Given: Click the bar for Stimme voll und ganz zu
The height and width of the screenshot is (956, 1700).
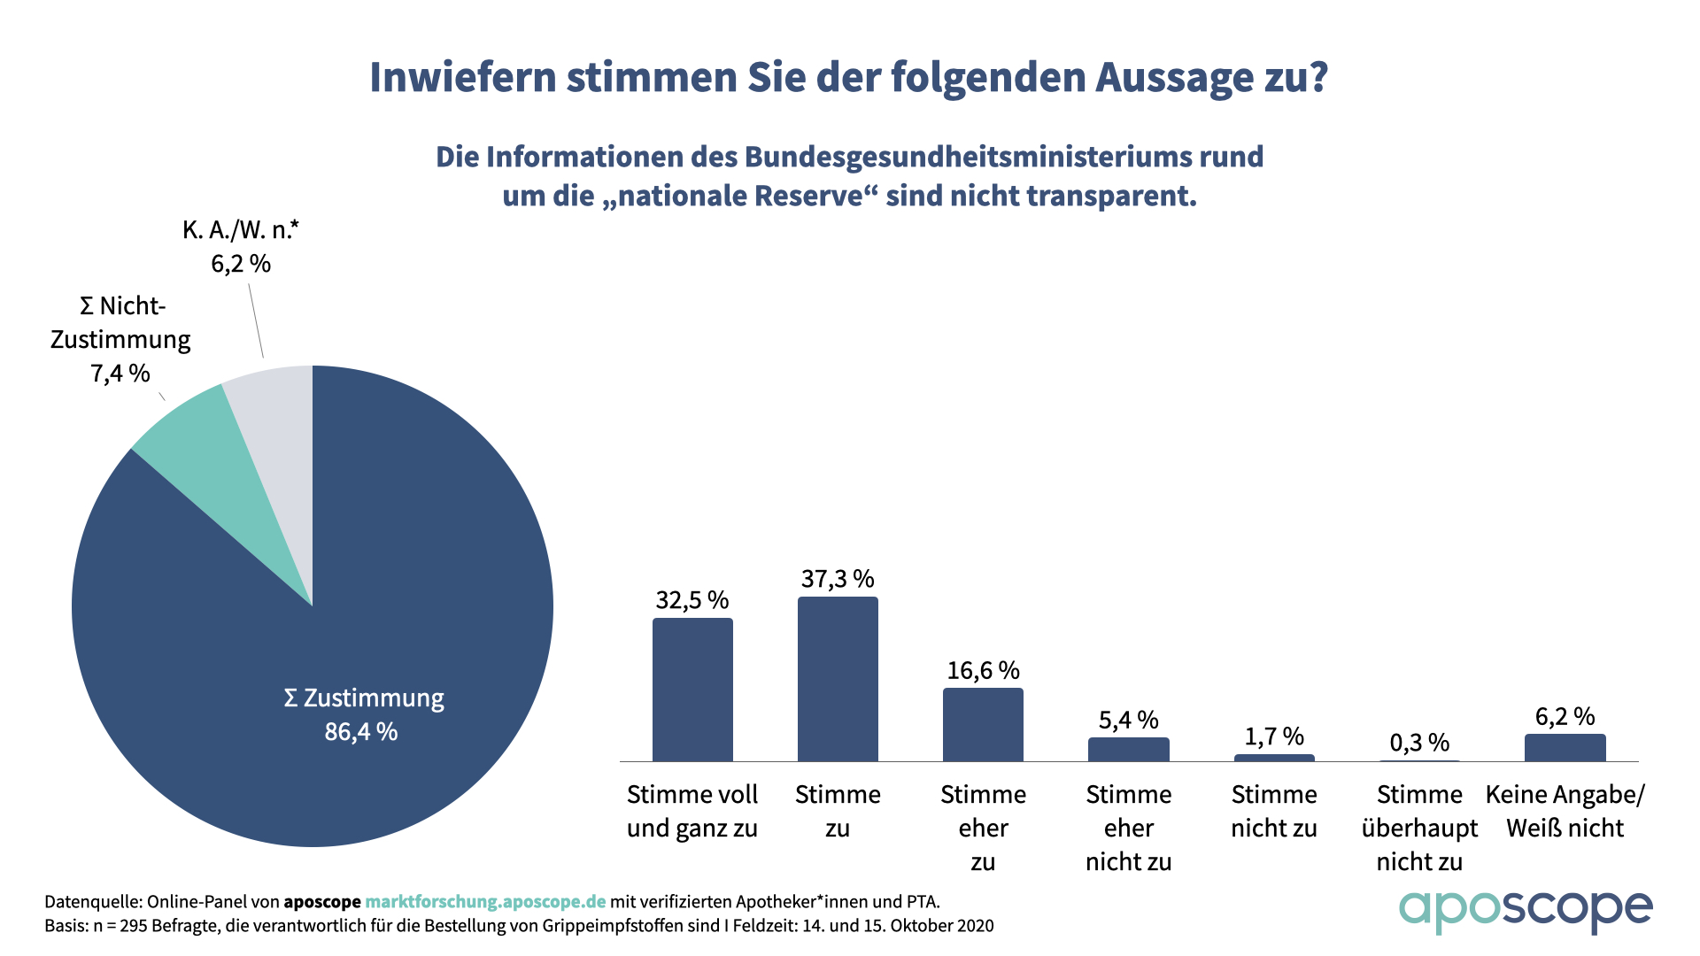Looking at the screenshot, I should point(692,690).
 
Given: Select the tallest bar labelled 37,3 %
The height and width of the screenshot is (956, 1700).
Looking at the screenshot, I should point(838,679).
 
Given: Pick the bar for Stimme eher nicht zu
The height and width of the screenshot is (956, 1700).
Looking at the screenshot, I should point(1128,749).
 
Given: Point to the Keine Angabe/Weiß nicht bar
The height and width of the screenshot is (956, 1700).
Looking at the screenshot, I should point(1565,747).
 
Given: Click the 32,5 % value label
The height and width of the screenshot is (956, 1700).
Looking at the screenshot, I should point(692,600).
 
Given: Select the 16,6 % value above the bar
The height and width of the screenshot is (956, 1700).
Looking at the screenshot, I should point(983,670).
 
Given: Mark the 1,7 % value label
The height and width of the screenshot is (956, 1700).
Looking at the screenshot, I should point(1274,736).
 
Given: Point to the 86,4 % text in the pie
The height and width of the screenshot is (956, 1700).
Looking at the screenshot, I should point(361,732).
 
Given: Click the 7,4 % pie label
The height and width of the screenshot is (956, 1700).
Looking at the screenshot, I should point(120,374).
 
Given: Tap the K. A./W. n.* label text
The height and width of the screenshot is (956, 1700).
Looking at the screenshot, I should point(241,230).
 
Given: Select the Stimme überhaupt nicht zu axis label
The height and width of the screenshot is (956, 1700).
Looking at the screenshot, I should point(1419,828).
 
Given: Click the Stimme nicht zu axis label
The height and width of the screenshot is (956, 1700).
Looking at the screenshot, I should point(1274,811).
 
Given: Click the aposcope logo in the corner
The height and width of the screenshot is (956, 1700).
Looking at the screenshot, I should point(1525,910).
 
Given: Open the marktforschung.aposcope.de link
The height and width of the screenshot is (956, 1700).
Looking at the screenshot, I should point(485,902).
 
